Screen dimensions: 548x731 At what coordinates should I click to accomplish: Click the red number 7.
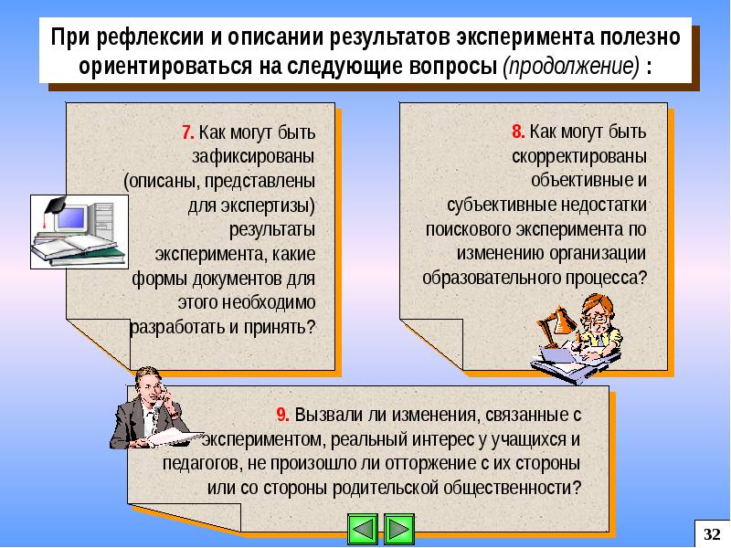(187, 132)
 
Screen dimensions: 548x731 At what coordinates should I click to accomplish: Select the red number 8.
(517, 132)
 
